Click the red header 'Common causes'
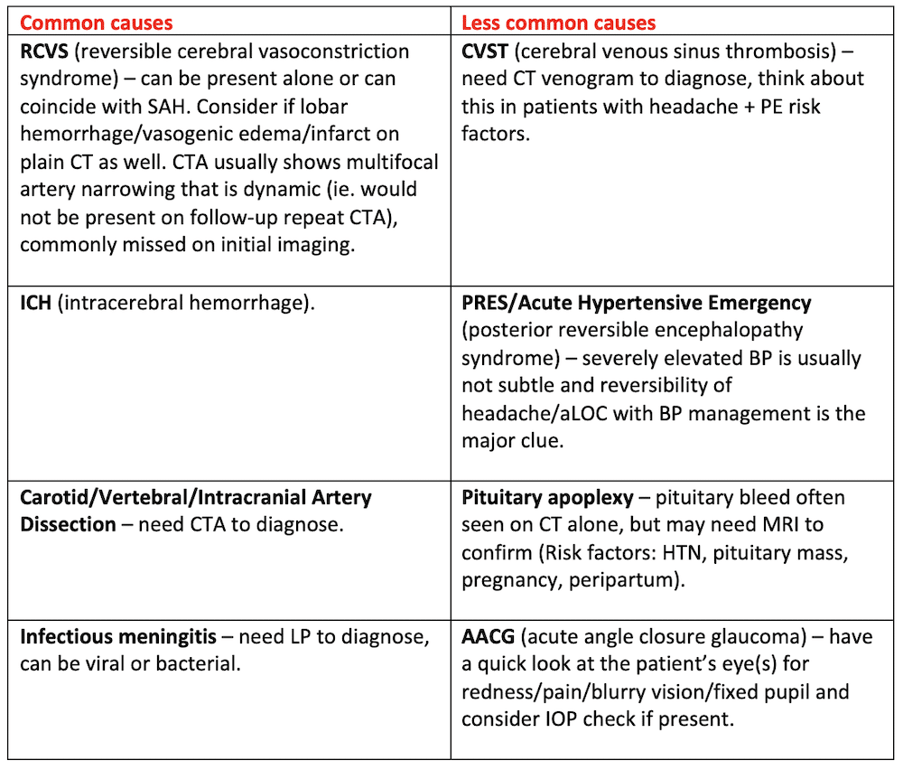(96, 22)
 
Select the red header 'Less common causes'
(558, 22)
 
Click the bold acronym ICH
(37, 303)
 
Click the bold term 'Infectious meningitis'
(117, 636)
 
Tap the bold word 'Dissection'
(68, 525)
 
